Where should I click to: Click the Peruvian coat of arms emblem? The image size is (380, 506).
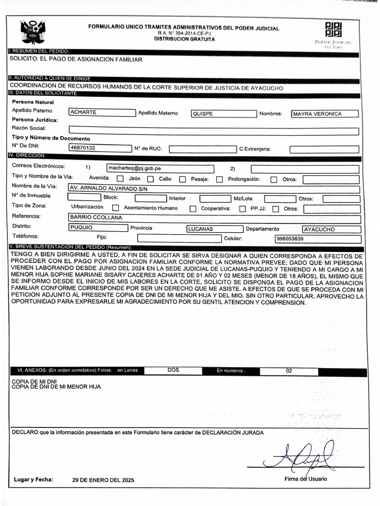pos(33,32)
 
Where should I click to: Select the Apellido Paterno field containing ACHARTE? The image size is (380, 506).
pos(102,113)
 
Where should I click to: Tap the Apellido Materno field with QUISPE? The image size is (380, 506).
pos(224,114)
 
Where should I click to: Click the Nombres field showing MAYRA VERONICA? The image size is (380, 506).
pos(325,114)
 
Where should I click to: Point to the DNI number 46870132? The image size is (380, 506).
pos(99,147)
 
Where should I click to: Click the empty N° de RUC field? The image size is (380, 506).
pos(202,149)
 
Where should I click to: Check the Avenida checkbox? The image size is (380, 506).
pos(120,179)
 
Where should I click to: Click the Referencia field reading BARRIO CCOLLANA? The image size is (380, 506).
pos(214,218)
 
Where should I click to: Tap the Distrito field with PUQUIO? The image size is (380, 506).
pos(98,228)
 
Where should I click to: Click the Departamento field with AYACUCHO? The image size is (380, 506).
pos(331,229)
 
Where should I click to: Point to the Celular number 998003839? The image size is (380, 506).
pos(317,239)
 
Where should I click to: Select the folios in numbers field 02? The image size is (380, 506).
pos(289,371)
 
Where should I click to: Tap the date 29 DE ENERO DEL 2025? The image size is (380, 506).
pos(103,480)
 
